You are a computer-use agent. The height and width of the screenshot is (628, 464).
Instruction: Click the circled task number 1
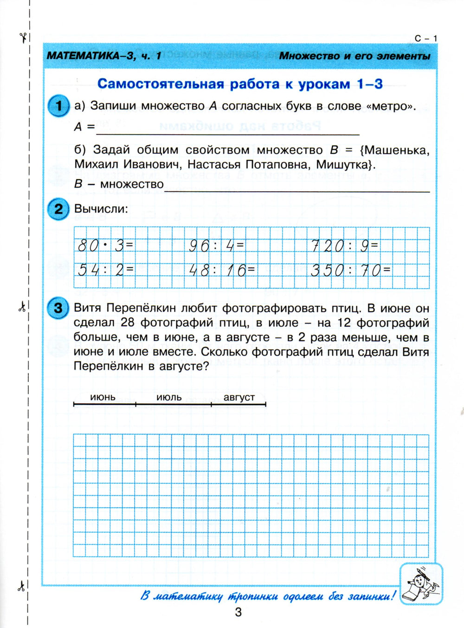(58, 106)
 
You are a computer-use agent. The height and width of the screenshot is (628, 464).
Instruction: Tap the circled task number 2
(58, 208)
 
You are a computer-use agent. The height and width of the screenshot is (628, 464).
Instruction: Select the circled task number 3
(58, 308)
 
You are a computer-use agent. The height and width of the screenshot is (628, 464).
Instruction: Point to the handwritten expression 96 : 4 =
(216, 246)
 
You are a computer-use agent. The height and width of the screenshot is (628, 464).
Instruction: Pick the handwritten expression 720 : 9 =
(345, 246)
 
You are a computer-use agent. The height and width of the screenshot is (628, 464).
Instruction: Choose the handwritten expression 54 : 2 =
(105, 269)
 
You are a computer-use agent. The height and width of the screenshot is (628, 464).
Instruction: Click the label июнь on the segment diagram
(103, 397)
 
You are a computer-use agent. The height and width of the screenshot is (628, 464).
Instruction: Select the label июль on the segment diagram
(169, 397)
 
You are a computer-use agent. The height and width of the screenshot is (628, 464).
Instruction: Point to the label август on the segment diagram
(239, 397)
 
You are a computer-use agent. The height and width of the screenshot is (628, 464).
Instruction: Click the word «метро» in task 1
(391, 106)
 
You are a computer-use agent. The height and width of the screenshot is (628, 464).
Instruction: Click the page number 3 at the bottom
(238, 612)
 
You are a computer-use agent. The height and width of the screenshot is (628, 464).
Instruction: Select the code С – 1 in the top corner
(425, 38)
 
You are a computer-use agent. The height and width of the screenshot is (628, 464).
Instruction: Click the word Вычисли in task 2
(101, 209)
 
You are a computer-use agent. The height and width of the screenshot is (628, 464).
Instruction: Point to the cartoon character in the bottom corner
(420, 583)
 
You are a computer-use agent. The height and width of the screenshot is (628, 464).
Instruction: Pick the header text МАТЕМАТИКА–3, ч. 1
(104, 56)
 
